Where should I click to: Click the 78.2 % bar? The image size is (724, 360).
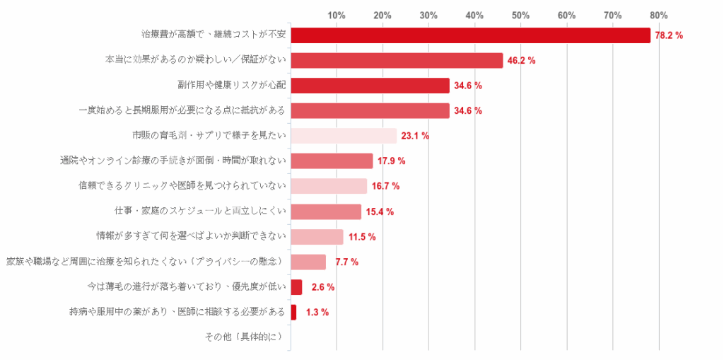(470, 35)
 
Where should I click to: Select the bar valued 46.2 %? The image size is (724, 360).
(397, 60)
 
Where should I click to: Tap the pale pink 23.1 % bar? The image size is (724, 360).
(344, 136)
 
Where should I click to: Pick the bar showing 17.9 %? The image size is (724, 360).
(332, 161)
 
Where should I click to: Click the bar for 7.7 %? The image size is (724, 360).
(308, 262)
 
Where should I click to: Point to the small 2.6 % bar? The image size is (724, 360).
(296, 287)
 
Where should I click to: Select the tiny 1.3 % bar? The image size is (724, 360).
(293, 312)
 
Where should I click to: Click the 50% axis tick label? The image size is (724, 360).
(520, 15)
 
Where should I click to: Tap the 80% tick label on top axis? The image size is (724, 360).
(658, 15)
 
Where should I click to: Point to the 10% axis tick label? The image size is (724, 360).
(337, 15)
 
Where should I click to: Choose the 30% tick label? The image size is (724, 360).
(428, 15)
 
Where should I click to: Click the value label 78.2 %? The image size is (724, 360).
(669, 35)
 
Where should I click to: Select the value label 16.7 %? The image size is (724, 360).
(385, 186)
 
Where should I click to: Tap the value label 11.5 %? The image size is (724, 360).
(361, 236)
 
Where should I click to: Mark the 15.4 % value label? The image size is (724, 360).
(380, 211)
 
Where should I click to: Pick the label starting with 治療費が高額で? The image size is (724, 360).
(214, 34)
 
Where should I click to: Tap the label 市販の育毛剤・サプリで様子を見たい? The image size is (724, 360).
(209, 135)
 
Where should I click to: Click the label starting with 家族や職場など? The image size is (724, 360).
(146, 261)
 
